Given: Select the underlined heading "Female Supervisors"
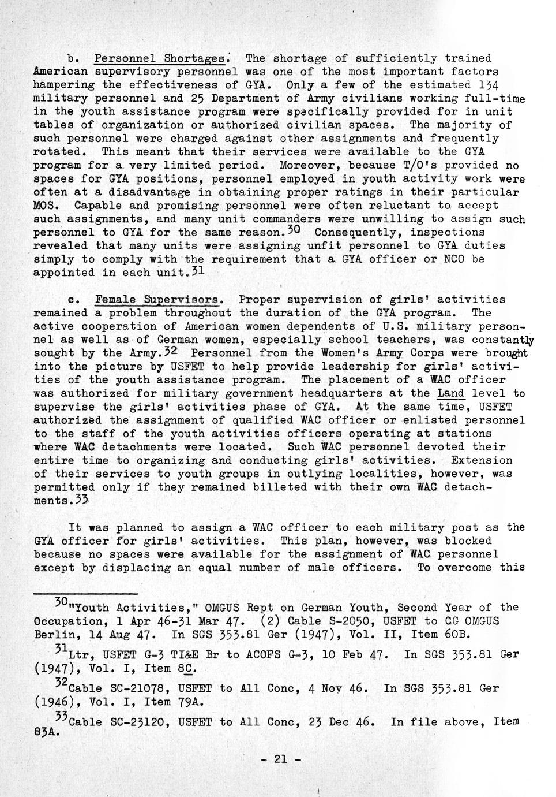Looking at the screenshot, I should (x=158, y=300).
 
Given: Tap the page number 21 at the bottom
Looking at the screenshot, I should (x=280, y=759).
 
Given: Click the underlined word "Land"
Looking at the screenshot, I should (x=452, y=393).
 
